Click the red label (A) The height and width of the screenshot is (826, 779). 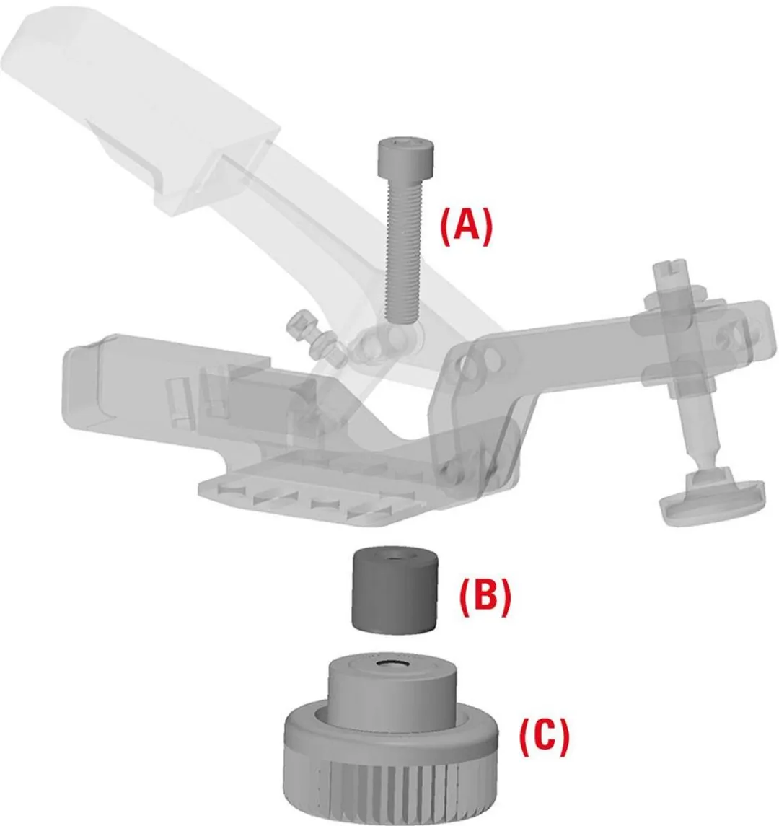point(466,226)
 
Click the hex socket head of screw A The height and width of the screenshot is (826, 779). point(408,157)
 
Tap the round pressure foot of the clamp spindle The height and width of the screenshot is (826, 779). point(712,497)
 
